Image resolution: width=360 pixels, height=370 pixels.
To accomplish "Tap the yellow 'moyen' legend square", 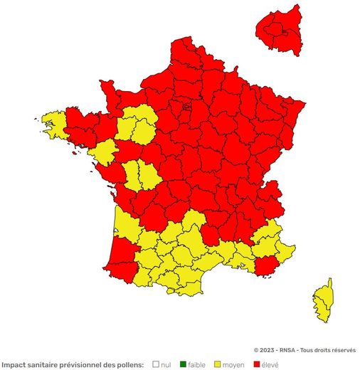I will pyautogui.click(x=217, y=364).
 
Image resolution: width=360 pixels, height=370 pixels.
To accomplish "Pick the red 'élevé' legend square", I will pyautogui.click(x=257, y=364).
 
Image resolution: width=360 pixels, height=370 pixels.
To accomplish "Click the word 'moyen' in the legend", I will pyautogui.click(x=233, y=364).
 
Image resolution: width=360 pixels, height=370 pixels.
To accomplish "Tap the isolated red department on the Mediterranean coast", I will pyautogui.click(x=267, y=266).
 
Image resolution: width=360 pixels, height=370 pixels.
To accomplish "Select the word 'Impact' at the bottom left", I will pyautogui.click(x=14, y=364).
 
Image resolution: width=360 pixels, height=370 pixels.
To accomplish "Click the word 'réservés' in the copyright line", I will pyautogui.click(x=342, y=350).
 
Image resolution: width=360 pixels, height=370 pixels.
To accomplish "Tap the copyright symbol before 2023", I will pyautogui.click(x=257, y=350).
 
